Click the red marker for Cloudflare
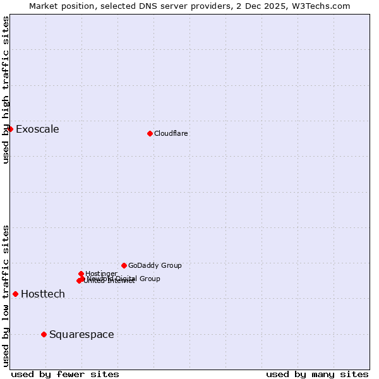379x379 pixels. [x=150, y=133]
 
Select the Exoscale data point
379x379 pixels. [x=10, y=129]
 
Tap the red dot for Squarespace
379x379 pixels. [x=44, y=334]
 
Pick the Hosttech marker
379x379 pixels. [x=15, y=294]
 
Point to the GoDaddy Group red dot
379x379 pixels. [x=124, y=265]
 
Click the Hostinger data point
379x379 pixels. [x=81, y=274]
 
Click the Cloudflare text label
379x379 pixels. [x=171, y=133]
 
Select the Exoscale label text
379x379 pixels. [x=37, y=129]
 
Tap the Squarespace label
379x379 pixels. [x=81, y=335]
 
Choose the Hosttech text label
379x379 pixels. [x=43, y=294]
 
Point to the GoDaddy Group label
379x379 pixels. [x=155, y=265]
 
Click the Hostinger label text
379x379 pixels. [x=101, y=274]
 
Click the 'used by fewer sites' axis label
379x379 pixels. [x=65, y=374]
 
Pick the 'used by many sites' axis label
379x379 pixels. [x=317, y=374]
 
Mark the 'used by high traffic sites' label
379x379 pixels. [x=6, y=90]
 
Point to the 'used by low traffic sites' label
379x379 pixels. [x=6, y=296]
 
